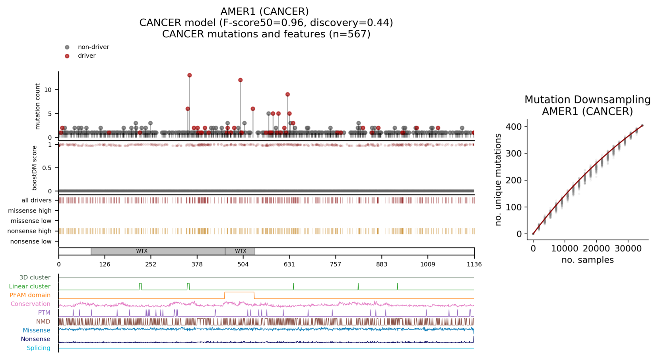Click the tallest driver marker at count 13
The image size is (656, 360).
190,75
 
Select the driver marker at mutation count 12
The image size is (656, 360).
241,80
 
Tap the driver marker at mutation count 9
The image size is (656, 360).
287,95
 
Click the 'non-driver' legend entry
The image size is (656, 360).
93,47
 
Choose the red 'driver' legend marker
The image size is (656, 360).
67,56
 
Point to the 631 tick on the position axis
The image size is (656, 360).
289,264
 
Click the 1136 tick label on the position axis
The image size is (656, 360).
474,264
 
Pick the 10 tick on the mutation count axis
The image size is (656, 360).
48,90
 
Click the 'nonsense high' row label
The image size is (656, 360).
30,231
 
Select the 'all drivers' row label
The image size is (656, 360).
36,200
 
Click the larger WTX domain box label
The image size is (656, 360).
142,251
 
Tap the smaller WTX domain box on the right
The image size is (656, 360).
240,251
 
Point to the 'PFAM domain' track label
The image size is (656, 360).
30,295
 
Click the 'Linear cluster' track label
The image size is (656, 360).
30,286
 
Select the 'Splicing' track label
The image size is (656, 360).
39,348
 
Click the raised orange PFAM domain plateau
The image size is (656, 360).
239,293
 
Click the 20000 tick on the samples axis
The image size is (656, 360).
596,249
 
